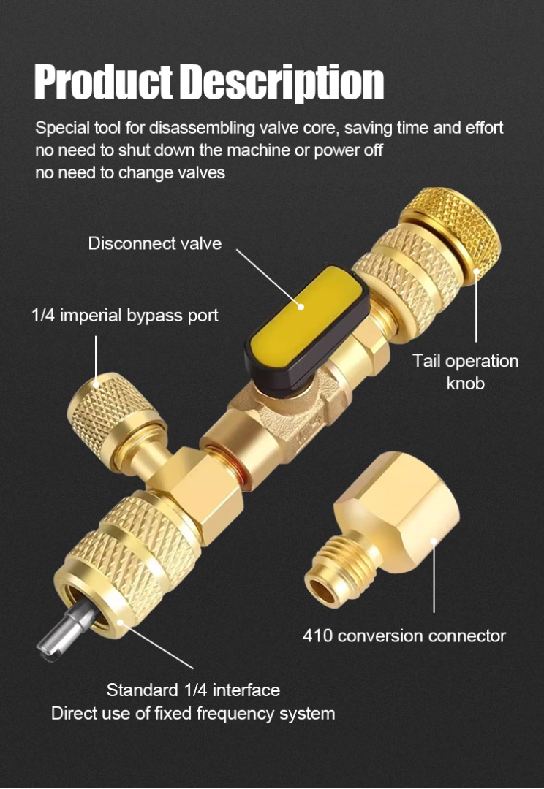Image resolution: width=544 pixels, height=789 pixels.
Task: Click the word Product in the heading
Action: click(104, 82)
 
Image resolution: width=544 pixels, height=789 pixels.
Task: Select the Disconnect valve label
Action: click(154, 243)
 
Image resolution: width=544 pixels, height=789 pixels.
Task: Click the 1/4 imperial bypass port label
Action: click(125, 316)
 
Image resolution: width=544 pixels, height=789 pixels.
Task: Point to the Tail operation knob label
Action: click(466, 372)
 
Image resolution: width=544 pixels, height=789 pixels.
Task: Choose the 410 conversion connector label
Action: click(404, 636)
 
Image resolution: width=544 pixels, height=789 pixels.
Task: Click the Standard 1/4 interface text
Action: click(193, 690)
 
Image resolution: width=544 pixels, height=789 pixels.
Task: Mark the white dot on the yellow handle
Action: click(301, 306)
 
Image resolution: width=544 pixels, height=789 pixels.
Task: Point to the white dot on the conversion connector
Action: click(434, 541)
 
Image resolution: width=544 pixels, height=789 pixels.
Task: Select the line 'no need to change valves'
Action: click(130, 173)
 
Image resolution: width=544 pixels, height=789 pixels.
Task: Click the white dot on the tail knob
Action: click(476, 271)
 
